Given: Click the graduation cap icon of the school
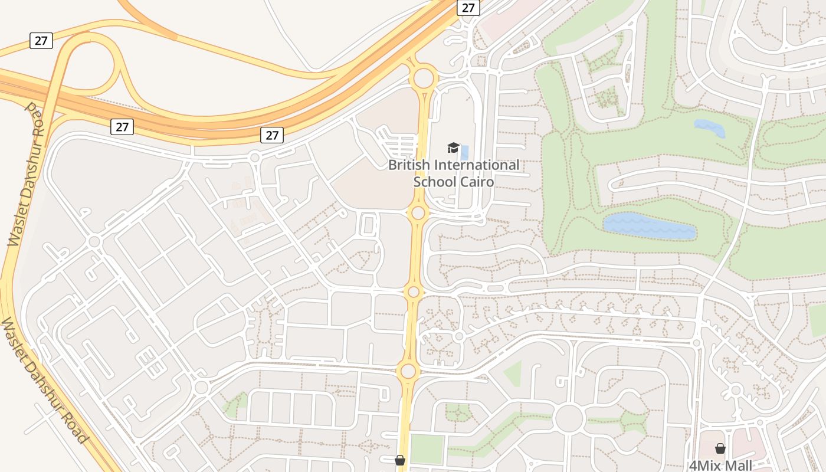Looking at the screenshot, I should (x=453, y=147).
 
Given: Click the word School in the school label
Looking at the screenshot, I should (x=434, y=181).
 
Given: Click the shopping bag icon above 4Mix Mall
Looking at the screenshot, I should (x=720, y=448).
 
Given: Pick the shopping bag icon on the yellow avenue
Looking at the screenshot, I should (x=400, y=460).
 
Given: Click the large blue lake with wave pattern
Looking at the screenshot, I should (x=649, y=227).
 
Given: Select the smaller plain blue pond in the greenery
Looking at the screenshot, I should (x=709, y=127).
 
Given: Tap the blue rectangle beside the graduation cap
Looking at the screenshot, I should (x=464, y=152).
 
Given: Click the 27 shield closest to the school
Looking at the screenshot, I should (x=271, y=135).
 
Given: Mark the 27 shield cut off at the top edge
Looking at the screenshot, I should (x=468, y=8).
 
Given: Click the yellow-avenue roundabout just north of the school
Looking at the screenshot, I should (x=424, y=78).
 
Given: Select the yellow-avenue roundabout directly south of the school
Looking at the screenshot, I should (x=418, y=212).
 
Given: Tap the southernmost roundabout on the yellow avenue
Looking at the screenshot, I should (x=408, y=371).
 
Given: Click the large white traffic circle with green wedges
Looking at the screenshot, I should (x=569, y=418).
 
